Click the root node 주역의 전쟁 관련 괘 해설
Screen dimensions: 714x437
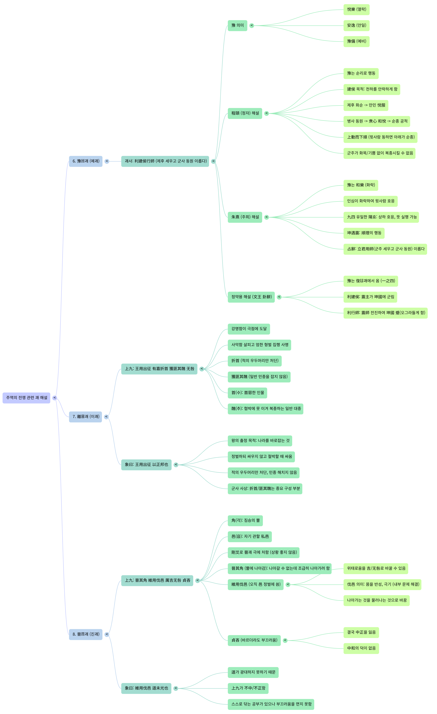click(x=26, y=398)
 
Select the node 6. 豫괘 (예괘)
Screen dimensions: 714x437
click(x=86, y=161)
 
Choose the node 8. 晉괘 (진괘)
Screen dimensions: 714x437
click(x=86, y=634)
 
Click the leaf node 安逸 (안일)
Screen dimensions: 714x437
click(x=356, y=26)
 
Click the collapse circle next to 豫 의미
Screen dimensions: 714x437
click(x=252, y=26)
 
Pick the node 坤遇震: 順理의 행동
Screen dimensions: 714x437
click(x=364, y=233)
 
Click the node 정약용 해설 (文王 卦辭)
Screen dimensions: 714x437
click(x=251, y=297)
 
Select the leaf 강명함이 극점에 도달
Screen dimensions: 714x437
click(x=249, y=329)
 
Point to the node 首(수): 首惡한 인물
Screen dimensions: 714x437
click(x=247, y=393)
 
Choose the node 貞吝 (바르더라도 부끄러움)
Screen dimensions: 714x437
click(x=254, y=640)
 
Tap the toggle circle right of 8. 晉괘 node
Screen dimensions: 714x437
click(x=107, y=634)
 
